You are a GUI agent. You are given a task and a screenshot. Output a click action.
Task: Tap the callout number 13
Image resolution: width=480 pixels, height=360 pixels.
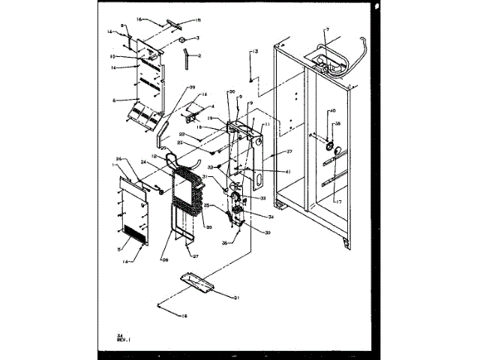click(254, 50)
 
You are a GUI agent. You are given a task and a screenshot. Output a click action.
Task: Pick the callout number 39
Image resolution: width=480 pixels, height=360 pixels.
click(192, 88)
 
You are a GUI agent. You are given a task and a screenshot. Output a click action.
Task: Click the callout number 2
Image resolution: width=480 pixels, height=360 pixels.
click(199, 55)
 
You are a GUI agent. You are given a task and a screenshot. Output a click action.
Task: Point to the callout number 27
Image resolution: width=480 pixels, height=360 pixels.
click(195, 256)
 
